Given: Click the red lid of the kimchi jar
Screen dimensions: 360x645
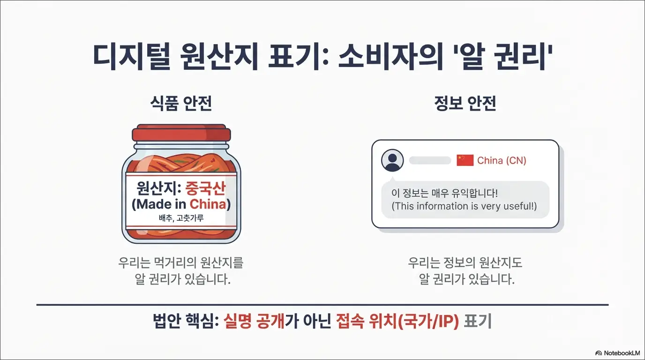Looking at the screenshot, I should click(181, 134).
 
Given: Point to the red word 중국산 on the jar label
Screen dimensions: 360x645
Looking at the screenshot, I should click(205, 189).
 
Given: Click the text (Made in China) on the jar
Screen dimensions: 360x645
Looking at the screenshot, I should click(181, 204).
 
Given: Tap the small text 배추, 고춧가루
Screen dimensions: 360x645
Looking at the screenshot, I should click(181, 218).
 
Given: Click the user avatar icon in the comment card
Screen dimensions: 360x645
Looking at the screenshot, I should click(392, 161).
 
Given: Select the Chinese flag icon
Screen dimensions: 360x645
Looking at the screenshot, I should click(465, 160).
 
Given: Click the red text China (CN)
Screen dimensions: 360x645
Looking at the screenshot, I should click(502, 161).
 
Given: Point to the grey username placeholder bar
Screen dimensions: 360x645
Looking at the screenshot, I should click(430, 161).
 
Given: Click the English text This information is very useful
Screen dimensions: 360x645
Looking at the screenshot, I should click(464, 206).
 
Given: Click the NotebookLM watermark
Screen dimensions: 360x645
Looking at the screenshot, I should click(617, 352).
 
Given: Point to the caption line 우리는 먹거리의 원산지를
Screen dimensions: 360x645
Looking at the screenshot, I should click(181, 262).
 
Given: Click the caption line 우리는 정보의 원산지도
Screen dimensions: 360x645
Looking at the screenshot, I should click(465, 262).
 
